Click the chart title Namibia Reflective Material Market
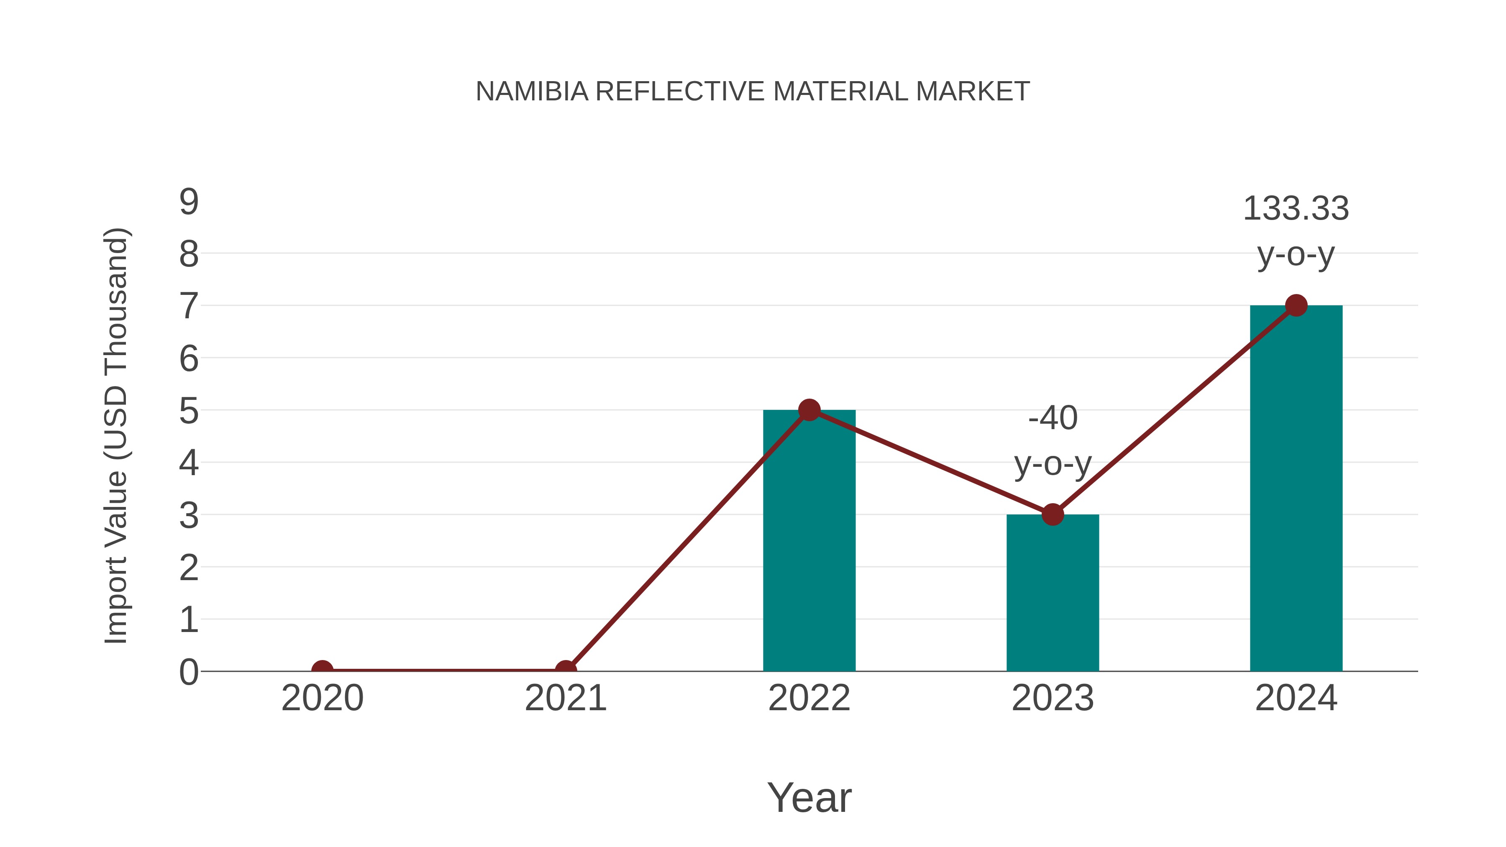click(753, 92)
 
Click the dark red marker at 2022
click(809, 410)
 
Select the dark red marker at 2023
click(1053, 514)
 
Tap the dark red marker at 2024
click(1296, 305)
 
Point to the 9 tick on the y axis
click(189, 202)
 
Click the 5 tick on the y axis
click(189, 412)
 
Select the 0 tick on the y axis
click(189, 672)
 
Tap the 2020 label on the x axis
click(322, 698)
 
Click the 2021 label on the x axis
click(565, 698)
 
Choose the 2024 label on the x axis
click(1296, 698)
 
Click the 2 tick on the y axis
click(189, 568)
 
